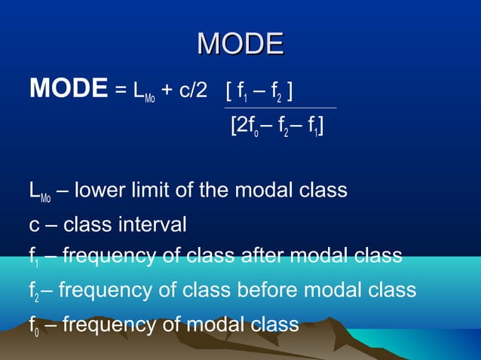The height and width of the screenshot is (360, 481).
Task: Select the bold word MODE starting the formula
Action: (x=68, y=89)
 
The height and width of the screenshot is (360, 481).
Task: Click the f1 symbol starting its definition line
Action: (x=35, y=258)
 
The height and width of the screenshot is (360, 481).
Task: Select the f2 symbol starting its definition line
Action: (x=35, y=291)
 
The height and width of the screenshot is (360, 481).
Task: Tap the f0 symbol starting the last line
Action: (x=35, y=325)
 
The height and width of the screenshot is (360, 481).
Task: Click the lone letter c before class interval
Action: (x=34, y=225)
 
